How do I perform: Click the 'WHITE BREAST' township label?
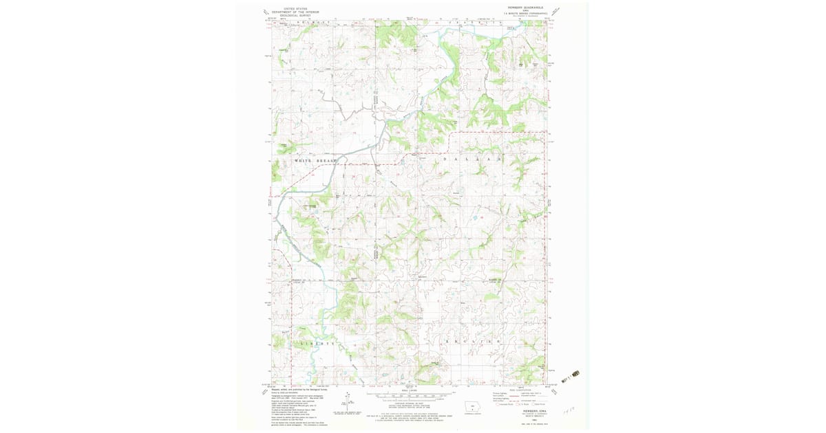pos(316,161)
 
